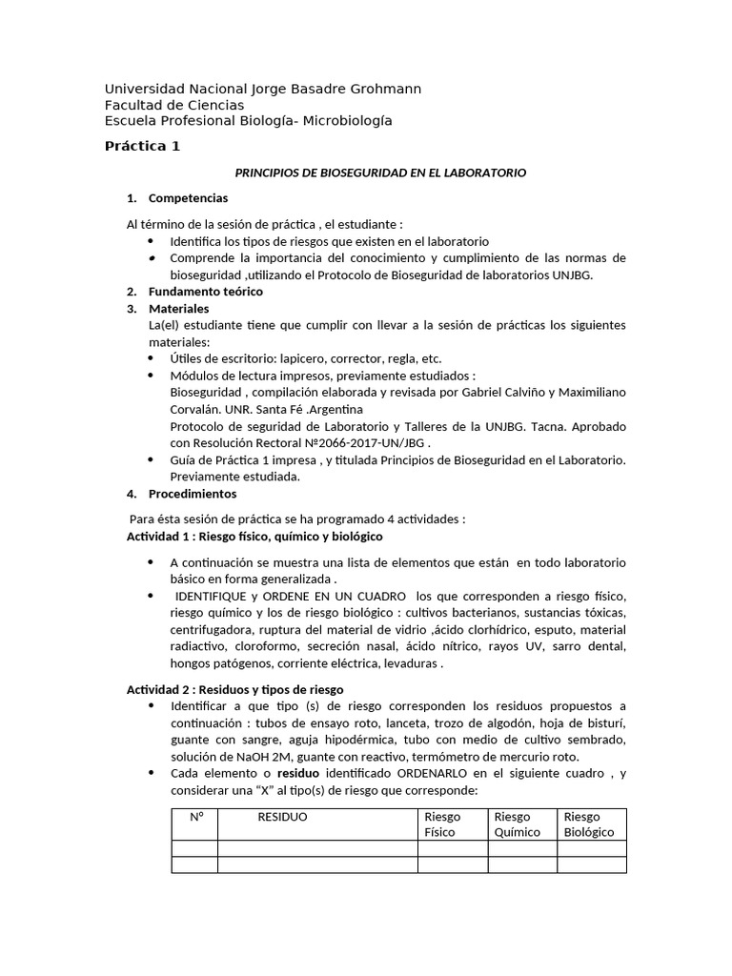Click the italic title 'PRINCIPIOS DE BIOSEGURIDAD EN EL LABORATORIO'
click(380, 173)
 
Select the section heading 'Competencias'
click(188, 198)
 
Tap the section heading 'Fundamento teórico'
click(206, 292)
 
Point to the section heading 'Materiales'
click(178, 309)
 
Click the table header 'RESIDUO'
click(282, 817)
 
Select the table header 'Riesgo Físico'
click(442, 824)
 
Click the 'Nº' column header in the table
click(197, 817)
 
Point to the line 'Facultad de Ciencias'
click(173, 105)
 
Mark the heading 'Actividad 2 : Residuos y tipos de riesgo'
click(235, 689)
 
